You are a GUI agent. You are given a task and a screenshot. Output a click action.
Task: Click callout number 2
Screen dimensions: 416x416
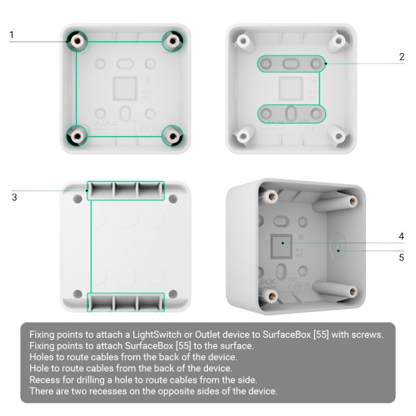pyautogui.click(x=401, y=57)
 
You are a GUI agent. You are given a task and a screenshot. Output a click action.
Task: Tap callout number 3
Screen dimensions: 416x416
pyautogui.click(x=14, y=198)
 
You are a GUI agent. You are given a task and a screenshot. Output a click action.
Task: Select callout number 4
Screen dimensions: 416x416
pyautogui.click(x=401, y=236)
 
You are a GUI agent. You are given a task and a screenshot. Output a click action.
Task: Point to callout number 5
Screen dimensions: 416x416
pyautogui.click(x=401, y=258)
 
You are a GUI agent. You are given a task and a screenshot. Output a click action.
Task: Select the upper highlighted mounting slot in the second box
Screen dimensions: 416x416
pyautogui.click(x=291, y=64)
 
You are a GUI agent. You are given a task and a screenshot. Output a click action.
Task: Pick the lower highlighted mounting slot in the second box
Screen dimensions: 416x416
pyautogui.click(x=291, y=113)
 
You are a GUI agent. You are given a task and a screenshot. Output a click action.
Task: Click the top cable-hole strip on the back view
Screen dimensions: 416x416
pyautogui.click(x=125, y=191)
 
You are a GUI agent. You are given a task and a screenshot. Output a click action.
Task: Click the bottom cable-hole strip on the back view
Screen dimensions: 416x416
pyautogui.click(x=125, y=302)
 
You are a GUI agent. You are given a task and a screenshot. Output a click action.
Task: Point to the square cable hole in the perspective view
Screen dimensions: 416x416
pyautogui.click(x=281, y=243)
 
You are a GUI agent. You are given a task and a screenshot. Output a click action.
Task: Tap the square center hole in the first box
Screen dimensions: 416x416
pyautogui.click(x=124, y=88)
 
